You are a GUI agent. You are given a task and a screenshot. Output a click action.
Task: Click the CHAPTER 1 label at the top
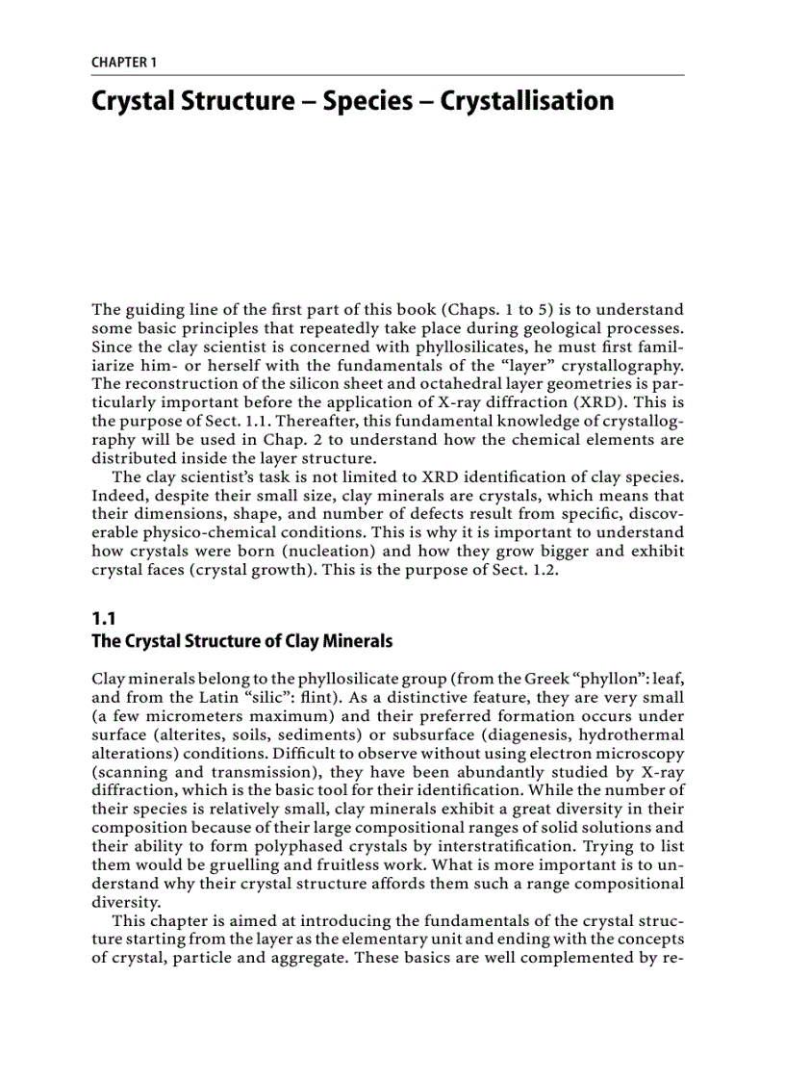[x=124, y=63]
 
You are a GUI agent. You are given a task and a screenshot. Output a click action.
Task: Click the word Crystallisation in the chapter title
[x=526, y=101]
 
